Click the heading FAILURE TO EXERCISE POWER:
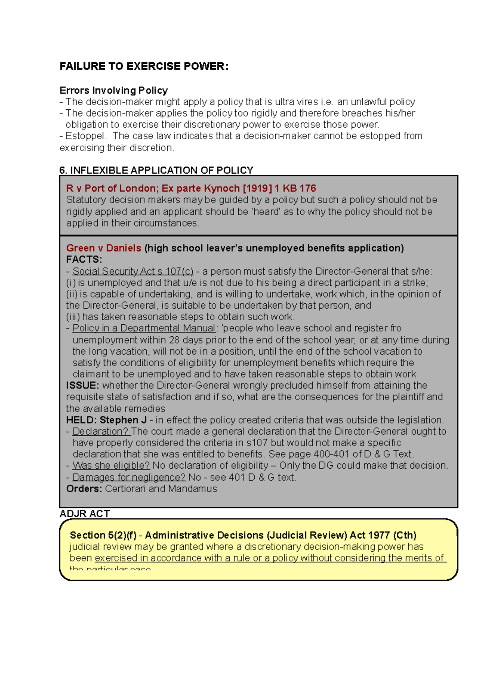click(x=144, y=66)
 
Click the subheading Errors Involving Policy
click(x=113, y=90)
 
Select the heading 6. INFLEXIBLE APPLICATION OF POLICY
click(x=156, y=170)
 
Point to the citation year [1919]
click(x=257, y=188)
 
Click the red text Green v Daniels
click(x=104, y=248)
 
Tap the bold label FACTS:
click(x=84, y=259)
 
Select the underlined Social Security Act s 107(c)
click(x=133, y=271)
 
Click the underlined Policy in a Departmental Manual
click(x=144, y=328)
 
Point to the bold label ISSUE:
click(x=82, y=386)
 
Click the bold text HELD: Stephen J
click(x=106, y=420)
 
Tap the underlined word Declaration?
click(x=101, y=432)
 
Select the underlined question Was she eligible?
click(x=111, y=466)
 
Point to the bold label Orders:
click(x=84, y=489)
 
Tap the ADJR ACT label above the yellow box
click(x=85, y=513)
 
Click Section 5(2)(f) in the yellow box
click(x=103, y=535)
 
